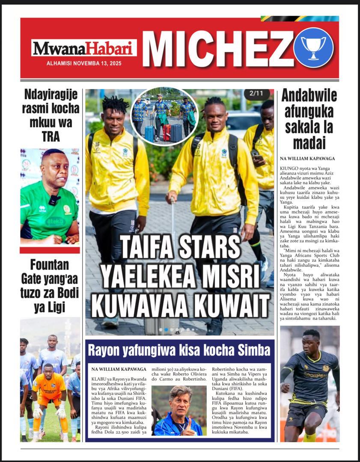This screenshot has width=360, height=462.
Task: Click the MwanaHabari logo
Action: coord(84,48)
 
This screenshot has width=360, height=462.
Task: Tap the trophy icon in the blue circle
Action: coord(313,47)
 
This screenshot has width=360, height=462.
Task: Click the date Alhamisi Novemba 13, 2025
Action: coord(84,63)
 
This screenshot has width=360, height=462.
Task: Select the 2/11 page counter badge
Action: coord(257,94)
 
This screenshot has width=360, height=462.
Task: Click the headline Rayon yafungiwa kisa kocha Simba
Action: coord(179,350)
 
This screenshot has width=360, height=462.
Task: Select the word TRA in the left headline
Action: coord(51,136)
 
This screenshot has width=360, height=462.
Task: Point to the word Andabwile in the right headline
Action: coord(309,95)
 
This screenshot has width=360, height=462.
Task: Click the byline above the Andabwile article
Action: coord(307,158)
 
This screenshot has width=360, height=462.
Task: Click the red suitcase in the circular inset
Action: coord(167,133)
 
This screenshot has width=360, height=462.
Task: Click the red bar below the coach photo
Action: coord(50,250)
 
